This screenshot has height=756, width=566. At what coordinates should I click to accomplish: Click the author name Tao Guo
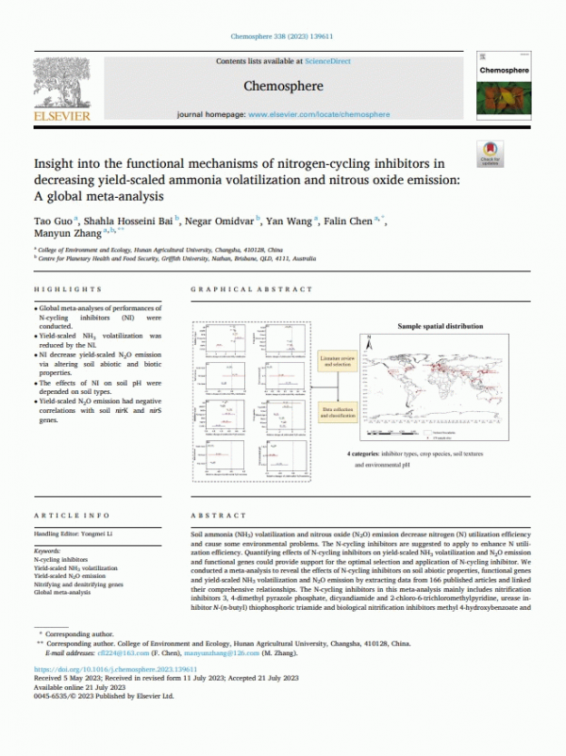[x=54, y=220]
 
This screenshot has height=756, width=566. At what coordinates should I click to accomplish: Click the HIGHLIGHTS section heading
[x=67, y=289]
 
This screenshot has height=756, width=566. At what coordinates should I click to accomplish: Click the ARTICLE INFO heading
[x=66, y=516]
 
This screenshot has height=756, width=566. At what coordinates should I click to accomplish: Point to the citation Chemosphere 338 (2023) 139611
[x=282, y=38]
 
